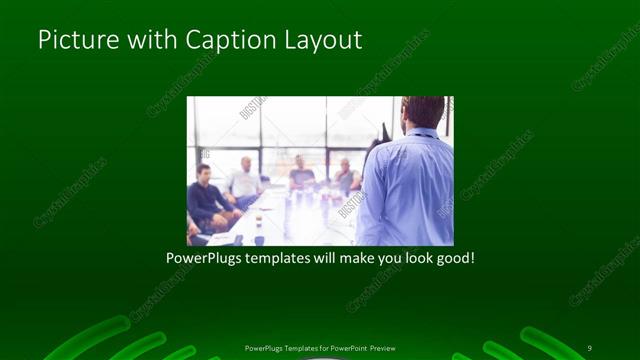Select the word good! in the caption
pyautogui.click(x=453, y=258)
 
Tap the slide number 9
pyautogui.click(x=590, y=347)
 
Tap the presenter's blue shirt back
pyautogui.click(x=408, y=190)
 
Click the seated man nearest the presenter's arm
pyautogui.click(x=345, y=177)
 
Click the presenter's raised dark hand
pyautogui.click(x=382, y=133)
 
